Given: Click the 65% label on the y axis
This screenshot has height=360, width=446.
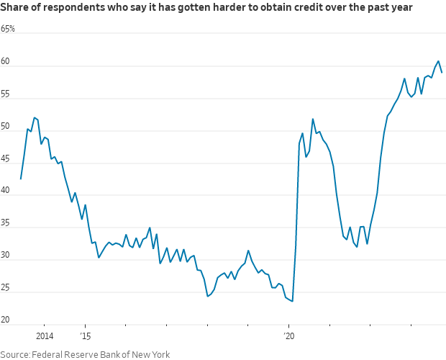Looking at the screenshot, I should click(8, 30).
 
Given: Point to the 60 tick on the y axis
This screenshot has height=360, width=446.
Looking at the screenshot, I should click(5, 62).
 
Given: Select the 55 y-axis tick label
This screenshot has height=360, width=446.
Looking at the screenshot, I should click(5, 94).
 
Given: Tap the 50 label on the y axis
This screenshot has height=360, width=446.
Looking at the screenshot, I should click(5, 127).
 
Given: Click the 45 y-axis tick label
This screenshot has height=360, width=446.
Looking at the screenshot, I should click(5, 158).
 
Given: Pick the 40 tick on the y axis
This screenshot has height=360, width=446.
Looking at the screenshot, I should click(5, 191).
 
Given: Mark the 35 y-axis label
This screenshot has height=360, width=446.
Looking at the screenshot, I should click(5, 223).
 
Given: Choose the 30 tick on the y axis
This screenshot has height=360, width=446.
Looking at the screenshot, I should click(5, 256).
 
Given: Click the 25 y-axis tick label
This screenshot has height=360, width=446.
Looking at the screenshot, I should click(5, 287).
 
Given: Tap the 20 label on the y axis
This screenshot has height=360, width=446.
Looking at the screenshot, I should click(5, 320).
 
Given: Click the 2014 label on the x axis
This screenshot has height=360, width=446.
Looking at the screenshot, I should click(44, 336).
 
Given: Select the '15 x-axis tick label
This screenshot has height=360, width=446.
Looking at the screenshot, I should click(85, 336).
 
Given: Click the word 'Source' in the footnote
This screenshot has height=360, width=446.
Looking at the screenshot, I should click(16, 354).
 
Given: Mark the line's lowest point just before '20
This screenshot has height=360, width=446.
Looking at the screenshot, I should click(292, 301).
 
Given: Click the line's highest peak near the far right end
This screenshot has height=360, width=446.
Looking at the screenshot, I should click(438, 61).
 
